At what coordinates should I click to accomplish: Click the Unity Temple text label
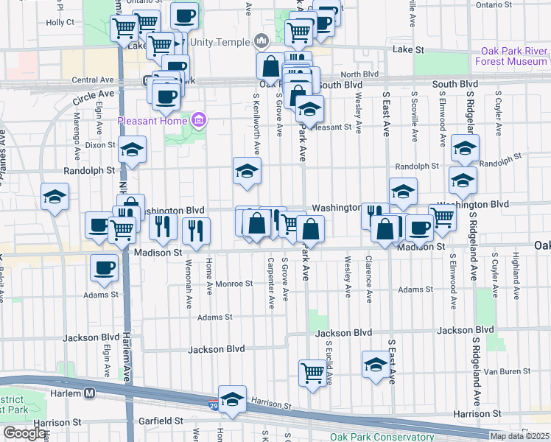[220, 41]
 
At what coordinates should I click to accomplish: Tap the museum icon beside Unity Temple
[259, 41]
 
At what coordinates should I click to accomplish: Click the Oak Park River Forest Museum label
[514, 57]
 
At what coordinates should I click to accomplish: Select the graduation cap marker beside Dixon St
[132, 150]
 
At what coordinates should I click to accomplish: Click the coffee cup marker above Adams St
[104, 267]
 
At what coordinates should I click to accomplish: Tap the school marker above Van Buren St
[376, 365]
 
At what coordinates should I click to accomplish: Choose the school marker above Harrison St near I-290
[232, 400]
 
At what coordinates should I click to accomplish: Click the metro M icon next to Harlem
[90, 393]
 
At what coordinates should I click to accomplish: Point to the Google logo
[25, 434]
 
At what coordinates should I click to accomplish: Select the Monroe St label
[235, 283]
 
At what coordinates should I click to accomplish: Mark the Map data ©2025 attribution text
[519, 436]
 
